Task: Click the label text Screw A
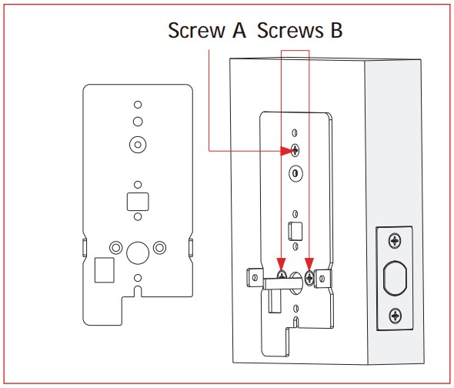[x=207, y=30]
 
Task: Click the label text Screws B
[x=299, y=30]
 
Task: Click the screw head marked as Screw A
[x=295, y=150]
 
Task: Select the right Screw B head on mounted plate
[x=309, y=278]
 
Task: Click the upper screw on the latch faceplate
[x=395, y=240]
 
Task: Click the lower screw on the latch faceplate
[x=396, y=316]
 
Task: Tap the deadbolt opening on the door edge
[x=395, y=278]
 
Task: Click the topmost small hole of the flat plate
[x=138, y=105]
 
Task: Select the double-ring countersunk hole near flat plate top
[x=138, y=145]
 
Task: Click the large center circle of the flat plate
[x=138, y=253]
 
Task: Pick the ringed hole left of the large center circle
[x=116, y=248]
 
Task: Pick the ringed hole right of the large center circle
[x=159, y=248]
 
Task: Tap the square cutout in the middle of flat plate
[x=138, y=202]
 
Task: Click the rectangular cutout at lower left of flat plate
[x=105, y=270]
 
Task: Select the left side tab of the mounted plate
[x=255, y=278]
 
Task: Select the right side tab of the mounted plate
[x=322, y=279]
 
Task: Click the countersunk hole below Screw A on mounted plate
[x=295, y=173]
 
